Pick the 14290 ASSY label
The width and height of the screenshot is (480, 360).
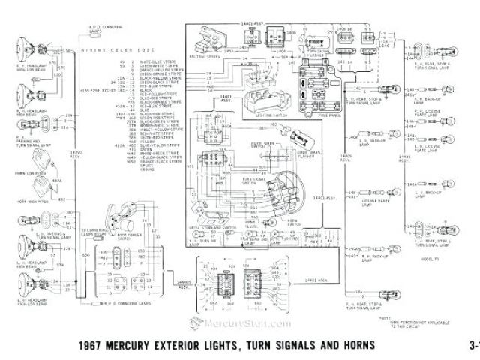click(x=74, y=177)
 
